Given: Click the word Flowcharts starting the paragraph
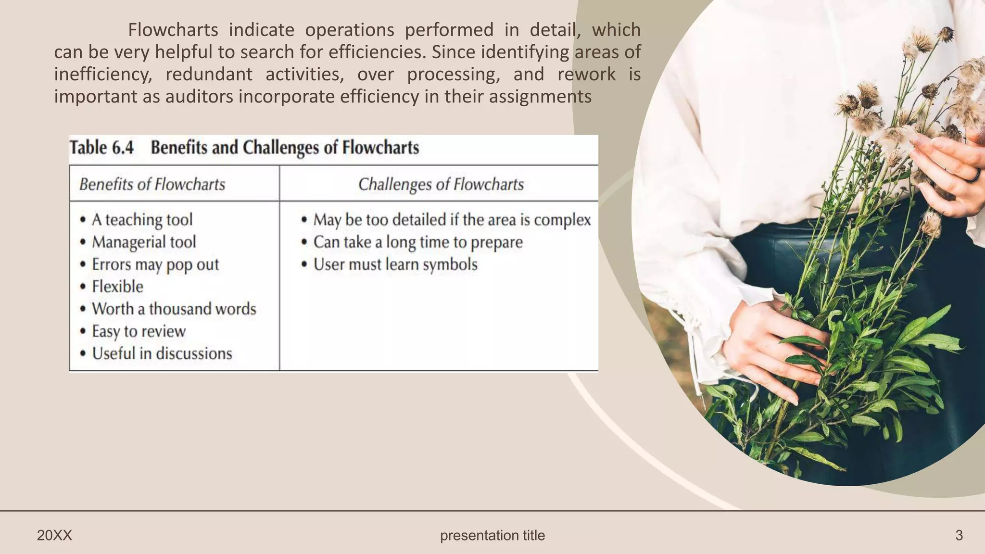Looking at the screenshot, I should (173, 30).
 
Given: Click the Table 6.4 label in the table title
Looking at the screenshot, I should (101, 147).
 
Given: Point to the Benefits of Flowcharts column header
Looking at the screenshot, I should (152, 184).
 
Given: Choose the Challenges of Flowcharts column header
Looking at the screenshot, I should (441, 184).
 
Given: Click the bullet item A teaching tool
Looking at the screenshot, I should (142, 220).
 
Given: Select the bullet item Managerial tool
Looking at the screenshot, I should (144, 242).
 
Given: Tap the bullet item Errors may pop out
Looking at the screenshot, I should (155, 264).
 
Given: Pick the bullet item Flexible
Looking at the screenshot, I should (117, 287).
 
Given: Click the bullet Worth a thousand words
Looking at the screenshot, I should (174, 309).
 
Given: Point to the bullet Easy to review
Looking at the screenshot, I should (139, 331).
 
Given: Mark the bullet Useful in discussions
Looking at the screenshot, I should (162, 353).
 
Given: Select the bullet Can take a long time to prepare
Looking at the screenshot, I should (417, 242).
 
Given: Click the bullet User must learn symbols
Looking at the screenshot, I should (395, 264).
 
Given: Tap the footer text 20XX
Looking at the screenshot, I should (54, 535).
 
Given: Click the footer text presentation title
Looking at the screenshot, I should (492, 535).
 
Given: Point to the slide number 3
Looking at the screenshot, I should (959, 535).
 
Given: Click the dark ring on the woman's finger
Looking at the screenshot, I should (973, 176).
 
